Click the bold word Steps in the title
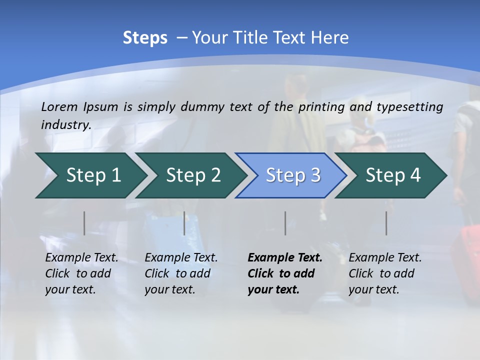pyautogui.click(x=145, y=37)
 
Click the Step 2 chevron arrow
pyautogui.click(x=193, y=175)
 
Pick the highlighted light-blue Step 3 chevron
pyautogui.click(x=293, y=175)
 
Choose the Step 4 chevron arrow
pyautogui.click(x=393, y=175)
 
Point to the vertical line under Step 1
pyautogui.click(x=84, y=223)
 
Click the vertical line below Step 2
pyautogui.click(x=184, y=223)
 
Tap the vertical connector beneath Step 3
pyautogui.click(x=285, y=223)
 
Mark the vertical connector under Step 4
pyautogui.click(x=386, y=223)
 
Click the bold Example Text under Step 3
pyautogui.click(x=285, y=258)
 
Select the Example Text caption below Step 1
pyautogui.click(x=81, y=258)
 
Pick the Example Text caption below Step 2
pyautogui.click(x=181, y=258)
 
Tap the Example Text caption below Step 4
pyautogui.click(x=385, y=258)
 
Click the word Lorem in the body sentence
pyautogui.click(x=59, y=107)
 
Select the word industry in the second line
pyautogui.click(x=65, y=124)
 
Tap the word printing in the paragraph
pyautogui.click(x=321, y=107)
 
